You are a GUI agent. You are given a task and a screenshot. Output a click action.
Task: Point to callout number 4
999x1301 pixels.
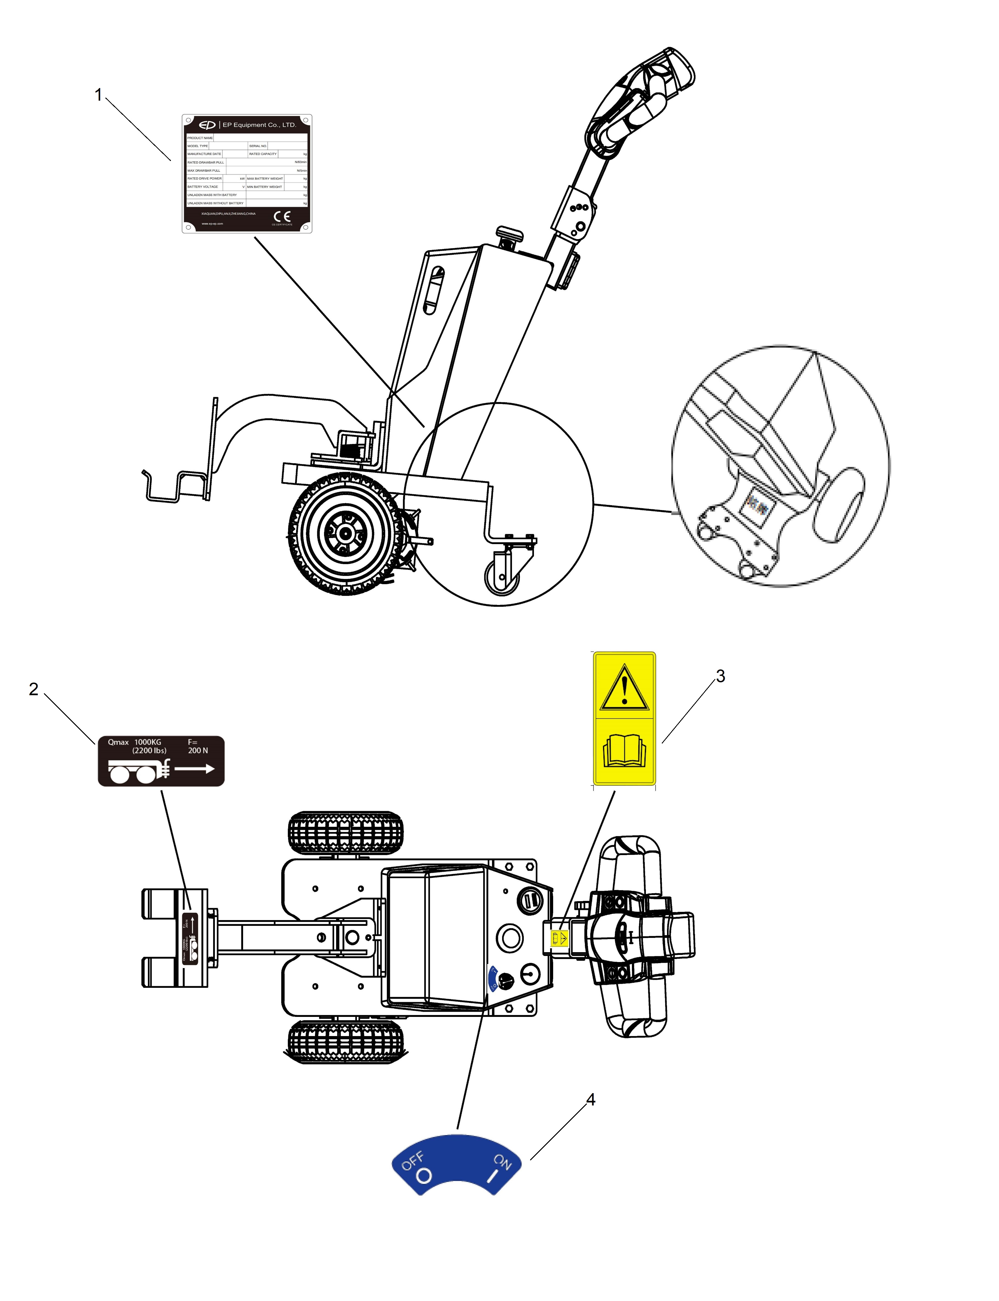[590, 1099]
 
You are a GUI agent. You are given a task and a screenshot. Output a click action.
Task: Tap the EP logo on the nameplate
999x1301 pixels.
[207, 125]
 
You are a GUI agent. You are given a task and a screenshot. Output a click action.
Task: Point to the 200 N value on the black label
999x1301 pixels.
[198, 751]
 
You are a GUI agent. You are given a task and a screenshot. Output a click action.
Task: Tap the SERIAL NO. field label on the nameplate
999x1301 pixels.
[257, 146]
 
